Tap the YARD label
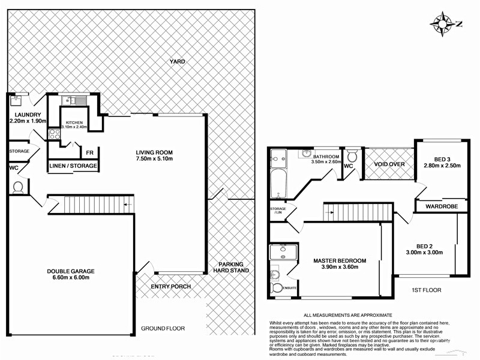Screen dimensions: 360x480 point(177,62)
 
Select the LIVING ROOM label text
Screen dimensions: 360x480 point(154,152)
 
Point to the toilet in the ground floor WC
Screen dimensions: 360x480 point(17,188)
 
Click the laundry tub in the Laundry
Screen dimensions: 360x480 point(17,99)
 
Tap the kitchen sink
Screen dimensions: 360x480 point(71,100)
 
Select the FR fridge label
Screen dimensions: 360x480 point(89,153)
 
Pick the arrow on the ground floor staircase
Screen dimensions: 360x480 point(127,205)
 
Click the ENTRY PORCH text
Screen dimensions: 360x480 point(171,287)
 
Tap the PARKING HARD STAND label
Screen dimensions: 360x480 point(231,267)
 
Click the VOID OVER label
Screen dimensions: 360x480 point(389,164)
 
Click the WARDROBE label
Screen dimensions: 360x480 point(442,206)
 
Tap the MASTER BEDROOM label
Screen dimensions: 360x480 point(339,260)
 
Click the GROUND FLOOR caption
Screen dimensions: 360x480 point(163,329)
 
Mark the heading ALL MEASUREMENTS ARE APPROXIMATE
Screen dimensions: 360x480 point(348,315)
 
